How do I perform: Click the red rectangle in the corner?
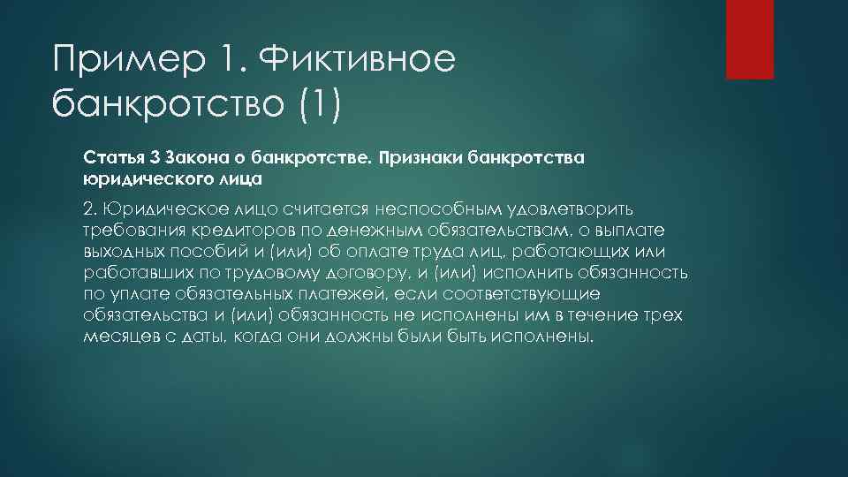[x=749, y=39]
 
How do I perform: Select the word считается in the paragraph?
[x=328, y=210]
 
